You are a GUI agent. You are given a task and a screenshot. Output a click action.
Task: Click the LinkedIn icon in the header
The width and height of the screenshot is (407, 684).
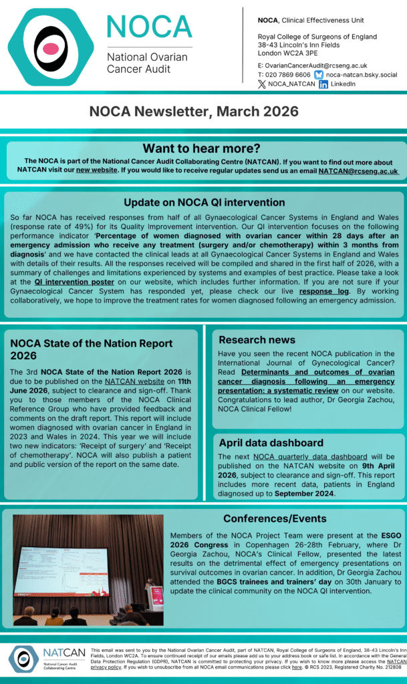[x=323, y=84]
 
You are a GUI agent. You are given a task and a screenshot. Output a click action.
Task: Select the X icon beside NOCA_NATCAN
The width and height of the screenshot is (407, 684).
[x=261, y=84]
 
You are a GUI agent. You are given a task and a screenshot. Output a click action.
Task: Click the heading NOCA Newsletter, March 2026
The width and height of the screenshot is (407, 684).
[x=203, y=112]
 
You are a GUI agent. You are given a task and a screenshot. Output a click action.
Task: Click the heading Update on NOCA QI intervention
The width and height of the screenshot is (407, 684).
[x=204, y=202]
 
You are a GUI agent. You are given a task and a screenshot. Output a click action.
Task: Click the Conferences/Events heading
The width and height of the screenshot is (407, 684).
[x=275, y=518]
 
